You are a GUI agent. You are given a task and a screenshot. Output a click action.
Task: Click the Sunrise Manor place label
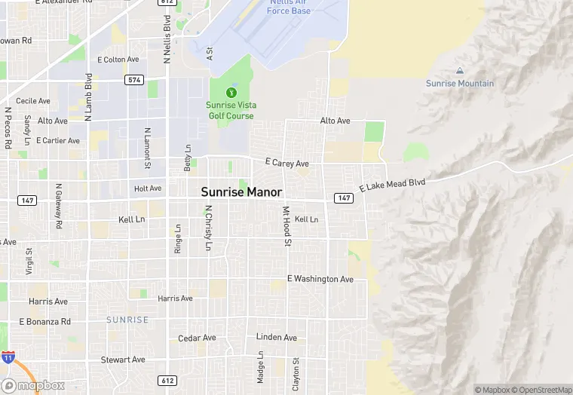click(x=241, y=192)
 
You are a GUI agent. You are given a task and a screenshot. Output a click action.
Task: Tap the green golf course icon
click(x=231, y=92)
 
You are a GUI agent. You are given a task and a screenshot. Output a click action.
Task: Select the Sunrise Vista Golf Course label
click(x=231, y=110)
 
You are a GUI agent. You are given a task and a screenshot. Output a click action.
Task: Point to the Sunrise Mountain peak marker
click(x=460, y=70)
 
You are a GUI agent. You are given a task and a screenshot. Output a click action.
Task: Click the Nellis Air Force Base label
click(x=290, y=6)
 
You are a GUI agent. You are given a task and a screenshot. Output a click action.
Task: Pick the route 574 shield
click(x=134, y=79)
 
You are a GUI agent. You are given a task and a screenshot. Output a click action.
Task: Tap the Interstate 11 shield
click(x=8, y=358)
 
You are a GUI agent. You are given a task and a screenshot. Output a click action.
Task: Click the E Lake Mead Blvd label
click(x=393, y=184)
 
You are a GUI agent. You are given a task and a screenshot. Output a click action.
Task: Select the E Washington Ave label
click(x=320, y=279)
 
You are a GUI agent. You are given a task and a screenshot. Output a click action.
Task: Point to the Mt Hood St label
click(x=286, y=225)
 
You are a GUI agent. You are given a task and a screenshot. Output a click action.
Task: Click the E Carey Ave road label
click(x=287, y=163)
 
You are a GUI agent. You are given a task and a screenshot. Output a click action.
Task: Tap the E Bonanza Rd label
click(x=44, y=321)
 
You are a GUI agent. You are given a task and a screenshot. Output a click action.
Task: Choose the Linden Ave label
click(x=277, y=337)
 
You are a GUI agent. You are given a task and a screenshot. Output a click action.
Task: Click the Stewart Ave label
click(x=123, y=360)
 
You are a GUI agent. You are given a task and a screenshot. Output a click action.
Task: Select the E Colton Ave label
click(x=118, y=60)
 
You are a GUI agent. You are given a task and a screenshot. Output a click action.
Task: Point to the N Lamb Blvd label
click(x=88, y=97)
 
